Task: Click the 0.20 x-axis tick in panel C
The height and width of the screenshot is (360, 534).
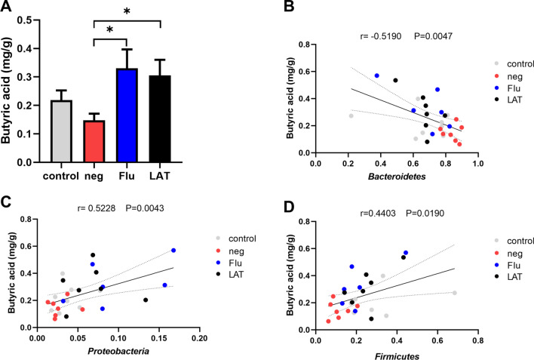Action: (x=199, y=338)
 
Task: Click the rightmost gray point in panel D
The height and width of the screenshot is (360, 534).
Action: (x=455, y=293)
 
